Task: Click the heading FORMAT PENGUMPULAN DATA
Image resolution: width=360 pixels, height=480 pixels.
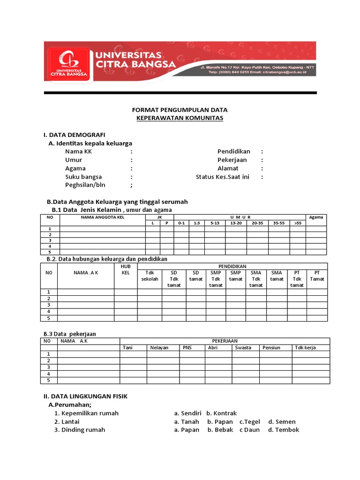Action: click(x=180, y=110)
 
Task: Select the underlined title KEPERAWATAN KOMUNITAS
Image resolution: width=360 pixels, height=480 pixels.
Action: click(x=180, y=118)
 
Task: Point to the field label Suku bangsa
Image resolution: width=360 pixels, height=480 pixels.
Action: click(x=83, y=177)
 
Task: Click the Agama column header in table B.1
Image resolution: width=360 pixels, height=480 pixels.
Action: click(x=316, y=217)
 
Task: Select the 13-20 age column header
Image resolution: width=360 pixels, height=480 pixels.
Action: click(x=236, y=223)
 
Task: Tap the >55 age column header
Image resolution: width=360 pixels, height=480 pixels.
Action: click(x=298, y=223)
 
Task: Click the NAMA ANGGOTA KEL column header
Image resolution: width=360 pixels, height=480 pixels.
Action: click(x=102, y=217)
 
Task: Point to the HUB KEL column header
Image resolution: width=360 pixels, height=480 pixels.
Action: click(x=126, y=269)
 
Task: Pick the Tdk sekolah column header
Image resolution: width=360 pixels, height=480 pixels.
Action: click(x=150, y=276)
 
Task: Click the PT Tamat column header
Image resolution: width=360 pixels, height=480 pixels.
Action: click(x=317, y=276)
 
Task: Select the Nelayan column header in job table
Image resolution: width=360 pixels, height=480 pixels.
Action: click(x=159, y=347)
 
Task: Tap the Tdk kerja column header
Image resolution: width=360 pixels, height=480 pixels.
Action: click(x=305, y=347)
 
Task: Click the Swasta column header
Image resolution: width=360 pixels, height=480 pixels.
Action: click(x=243, y=347)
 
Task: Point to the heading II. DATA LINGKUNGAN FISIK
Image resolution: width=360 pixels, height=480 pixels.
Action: click(x=86, y=396)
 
